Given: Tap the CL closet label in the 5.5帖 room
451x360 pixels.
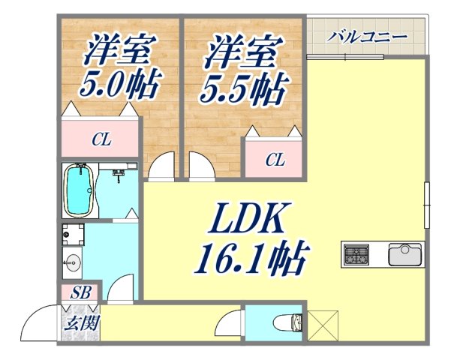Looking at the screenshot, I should click(275, 159).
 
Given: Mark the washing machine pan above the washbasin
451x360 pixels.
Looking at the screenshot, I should click(74, 235).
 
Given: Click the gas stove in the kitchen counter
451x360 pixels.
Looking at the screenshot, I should click(356, 255).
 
